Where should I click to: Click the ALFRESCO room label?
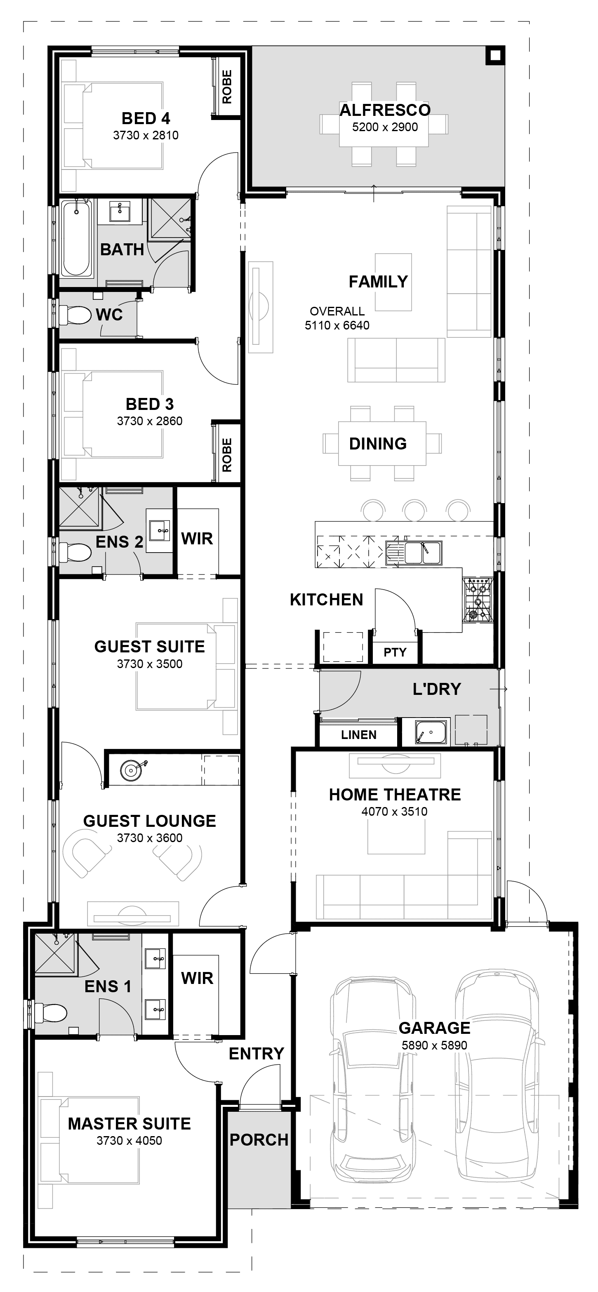click(x=385, y=110)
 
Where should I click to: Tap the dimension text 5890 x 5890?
click(x=434, y=1045)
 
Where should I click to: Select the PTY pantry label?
click(x=395, y=652)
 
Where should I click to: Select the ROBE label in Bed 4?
click(x=227, y=87)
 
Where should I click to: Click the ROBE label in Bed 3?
click(x=227, y=455)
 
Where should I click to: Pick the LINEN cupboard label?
click(x=359, y=735)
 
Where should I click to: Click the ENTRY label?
click(x=257, y=1054)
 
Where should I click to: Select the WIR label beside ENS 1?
click(x=197, y=978)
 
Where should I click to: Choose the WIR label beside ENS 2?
click(x=197, y=539)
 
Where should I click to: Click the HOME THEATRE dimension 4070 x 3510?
click(x=394, y=812)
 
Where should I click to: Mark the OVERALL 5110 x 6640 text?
click(x=337, y=318)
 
